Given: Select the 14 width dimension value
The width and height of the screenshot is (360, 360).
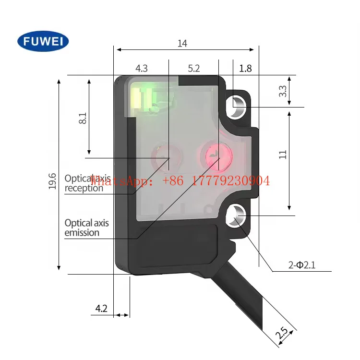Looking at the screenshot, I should click(x=182, y=44).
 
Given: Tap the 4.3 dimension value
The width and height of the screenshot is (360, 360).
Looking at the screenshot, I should click(x=142, y=68).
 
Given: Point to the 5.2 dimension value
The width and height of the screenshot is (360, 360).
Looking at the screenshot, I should click(x=194, y=68).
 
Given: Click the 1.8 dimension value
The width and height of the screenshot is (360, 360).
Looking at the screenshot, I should click(x=245, y=68).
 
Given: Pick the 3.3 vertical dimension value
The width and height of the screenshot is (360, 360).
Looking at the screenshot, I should click(x=283, y=91).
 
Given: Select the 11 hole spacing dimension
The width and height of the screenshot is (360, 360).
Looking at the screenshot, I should click(x=283, y=154).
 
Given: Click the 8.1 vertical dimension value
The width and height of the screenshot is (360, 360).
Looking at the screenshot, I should click(x=83, y=119).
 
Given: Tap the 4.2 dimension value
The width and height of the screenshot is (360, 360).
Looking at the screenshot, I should click(x=101, y=309).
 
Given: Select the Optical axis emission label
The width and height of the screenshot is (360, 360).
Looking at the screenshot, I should click(x=86, y=228).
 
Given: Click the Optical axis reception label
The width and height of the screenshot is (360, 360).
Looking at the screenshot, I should click(x=84, y=183).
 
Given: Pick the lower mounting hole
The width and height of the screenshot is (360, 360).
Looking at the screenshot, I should click(x=237, y=216).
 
